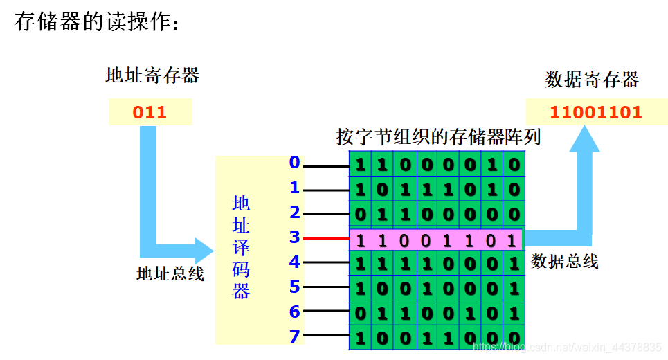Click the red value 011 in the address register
tap(150, 112)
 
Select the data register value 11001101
tap(596, 112)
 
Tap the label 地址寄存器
tap(152, 75)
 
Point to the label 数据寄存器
tap(592, 80)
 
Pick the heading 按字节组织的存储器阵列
tap(438, 136)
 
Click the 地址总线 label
tap(170, 274)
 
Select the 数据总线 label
tap(565, 262)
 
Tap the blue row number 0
tap(295, 163)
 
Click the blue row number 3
tap(295, 237)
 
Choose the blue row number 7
tap(295, 337)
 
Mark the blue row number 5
tap(295, 287)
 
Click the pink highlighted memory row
tap(436, 240)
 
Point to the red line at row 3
tap(326, 239)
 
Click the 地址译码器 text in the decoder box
tap(241, 247)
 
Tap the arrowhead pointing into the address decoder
tap(204, 250)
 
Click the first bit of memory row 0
tap(360, 165)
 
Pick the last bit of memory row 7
tap(513, 339)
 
